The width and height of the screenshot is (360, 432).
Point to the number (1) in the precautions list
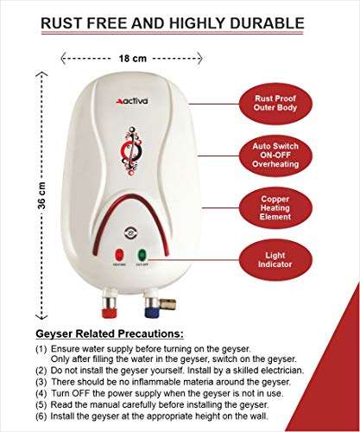pos(41,348)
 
